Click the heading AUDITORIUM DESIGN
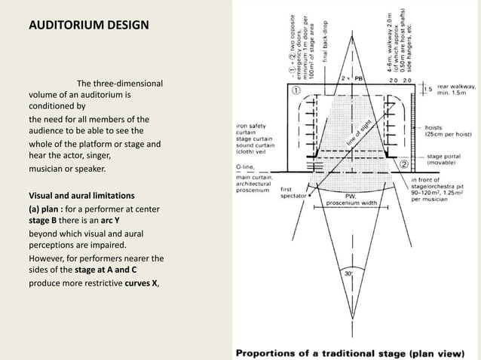[88, 26]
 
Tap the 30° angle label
[349, 276]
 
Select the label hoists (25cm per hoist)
[449, 131]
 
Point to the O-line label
[246, 168]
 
